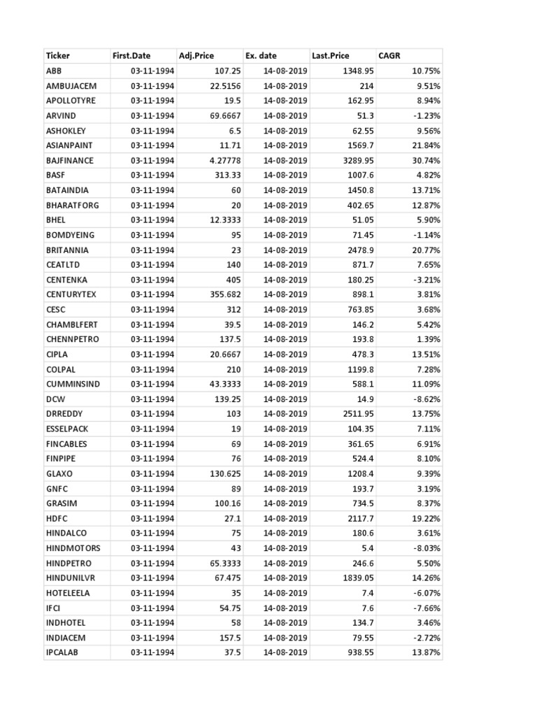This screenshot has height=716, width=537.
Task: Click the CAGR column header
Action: coord(389,56)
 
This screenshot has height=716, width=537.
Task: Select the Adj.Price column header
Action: coord(196,56)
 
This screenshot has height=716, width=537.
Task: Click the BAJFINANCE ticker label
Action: coord(69,161)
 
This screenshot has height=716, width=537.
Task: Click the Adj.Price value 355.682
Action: coord(224,294)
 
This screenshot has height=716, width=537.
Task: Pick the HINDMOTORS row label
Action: coord(73,548)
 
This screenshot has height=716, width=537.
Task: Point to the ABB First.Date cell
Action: coord(152,71)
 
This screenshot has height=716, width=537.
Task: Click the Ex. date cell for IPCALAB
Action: coord(285,652)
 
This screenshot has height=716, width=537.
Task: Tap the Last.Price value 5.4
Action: coord(367,548)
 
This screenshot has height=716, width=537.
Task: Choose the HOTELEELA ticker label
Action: coord(68,593)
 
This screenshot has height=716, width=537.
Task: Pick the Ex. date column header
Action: coord(261,56)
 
